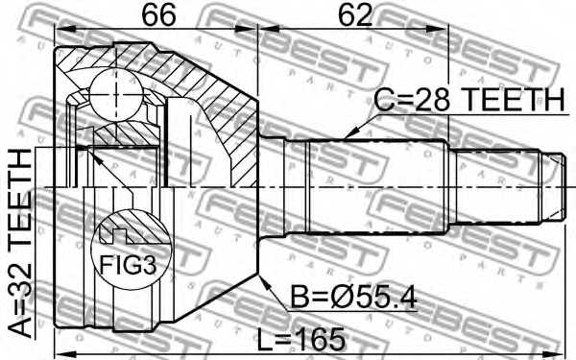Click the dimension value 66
coord(158,15)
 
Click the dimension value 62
coord(355,15)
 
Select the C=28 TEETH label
coord(469,100)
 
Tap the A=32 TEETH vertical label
coord(20,243)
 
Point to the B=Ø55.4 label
coord(353,298)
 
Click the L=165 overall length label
coord(301,339)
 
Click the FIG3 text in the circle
coord(129,265)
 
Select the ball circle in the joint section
coord(115,94)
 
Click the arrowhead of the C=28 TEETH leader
coord(350,133)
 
